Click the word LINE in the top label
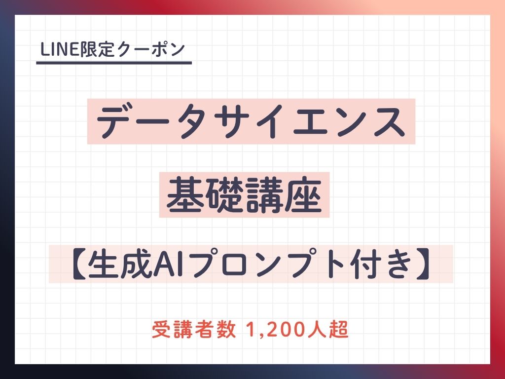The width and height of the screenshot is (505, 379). [x=60, y=49]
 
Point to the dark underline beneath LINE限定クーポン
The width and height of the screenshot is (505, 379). [x=114, y=63]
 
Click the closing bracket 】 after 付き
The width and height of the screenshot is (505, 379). [x=423, y=264]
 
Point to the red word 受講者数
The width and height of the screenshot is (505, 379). [x=193, y=329]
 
